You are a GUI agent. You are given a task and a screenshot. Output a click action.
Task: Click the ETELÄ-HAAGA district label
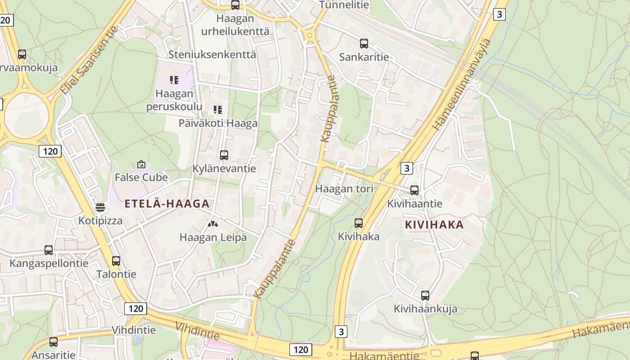pyautogui.click(x=167, y=204)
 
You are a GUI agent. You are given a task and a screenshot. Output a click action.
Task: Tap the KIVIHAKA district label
pyautogui.click(x=434, y=225)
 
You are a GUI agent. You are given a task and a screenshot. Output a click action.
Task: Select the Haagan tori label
pyautogui.click(x=344, y=189)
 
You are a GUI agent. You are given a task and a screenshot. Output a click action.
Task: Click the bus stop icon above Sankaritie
pyautogui.click(x=364, y=44)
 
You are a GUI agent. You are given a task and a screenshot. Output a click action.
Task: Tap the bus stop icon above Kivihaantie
pyautogui.click(x=414, y=190)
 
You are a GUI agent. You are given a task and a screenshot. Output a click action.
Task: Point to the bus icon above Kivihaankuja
pyautogui.click(x=425, y=296)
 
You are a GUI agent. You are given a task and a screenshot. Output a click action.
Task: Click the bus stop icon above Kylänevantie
pyautogui.click(x=224, y=155)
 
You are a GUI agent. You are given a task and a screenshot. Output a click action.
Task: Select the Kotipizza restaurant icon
pyautogui.click(x=100, y=207)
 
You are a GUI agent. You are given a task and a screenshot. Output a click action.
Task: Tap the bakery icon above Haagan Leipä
pyautogui.click(x=213, y=224)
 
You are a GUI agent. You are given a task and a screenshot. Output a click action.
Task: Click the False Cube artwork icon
pyautogui.click(x=141, y=164)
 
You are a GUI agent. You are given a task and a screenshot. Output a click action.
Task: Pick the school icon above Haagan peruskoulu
pyautogui.click(x=174, y=80)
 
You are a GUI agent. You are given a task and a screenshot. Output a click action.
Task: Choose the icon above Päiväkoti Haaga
pyautogui.click(x=218, y=110)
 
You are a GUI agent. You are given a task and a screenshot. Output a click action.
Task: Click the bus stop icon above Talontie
pyautogui.click(x=116, y=261)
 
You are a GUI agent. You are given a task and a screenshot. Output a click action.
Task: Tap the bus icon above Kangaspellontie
pyautogui.click(x=49, y=250)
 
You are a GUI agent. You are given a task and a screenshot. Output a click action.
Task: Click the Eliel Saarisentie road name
pyautogui.click(x=89, y=61)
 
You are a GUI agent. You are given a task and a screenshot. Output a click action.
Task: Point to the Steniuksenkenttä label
pyautogui.click(x=212, y=54)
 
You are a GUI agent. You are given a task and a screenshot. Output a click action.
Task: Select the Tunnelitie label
pyautogui.click(x=344, y=5)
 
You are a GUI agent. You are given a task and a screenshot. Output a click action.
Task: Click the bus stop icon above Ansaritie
pyautogui.click(x=54, y=342)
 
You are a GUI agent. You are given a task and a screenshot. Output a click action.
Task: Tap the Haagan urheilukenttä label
pyautogui.click(x=235, y=25)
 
